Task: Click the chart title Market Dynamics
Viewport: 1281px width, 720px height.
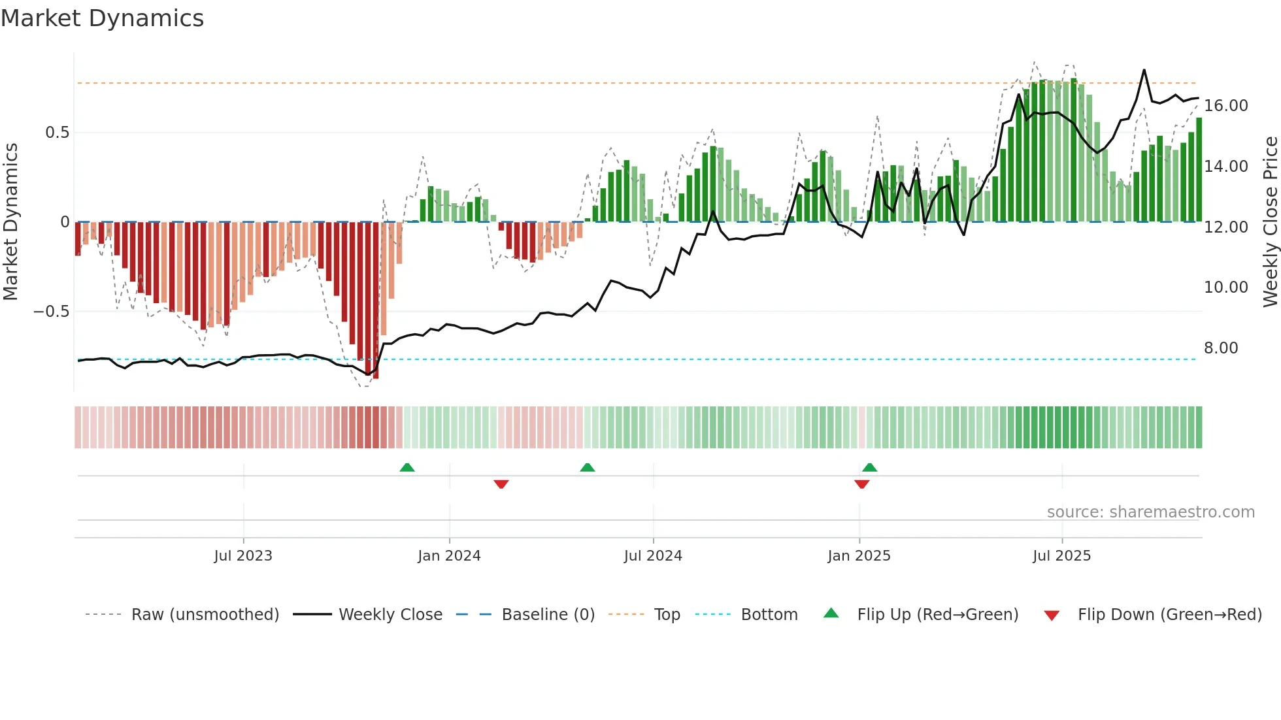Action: click(102, 18)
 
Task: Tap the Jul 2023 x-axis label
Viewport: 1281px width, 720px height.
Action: click(242, 556)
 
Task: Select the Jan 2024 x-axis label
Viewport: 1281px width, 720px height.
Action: click(449, 556)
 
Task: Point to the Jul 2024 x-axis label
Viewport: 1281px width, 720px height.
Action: click(653, 556)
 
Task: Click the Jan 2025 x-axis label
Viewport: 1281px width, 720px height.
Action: click(859, 556)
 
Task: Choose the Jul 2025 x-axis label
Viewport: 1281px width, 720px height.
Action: click(1061, 556)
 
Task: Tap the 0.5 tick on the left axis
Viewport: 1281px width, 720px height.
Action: click(57, 133)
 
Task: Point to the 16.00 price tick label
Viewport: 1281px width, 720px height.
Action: click(1225, 106)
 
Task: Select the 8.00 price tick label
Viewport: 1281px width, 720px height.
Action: click(1220, 348)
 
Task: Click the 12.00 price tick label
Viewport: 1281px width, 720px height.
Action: click(1225, 227)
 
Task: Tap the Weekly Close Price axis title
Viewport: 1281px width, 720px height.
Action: click(1270, 222)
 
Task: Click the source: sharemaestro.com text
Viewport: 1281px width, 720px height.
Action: click(1150, 512)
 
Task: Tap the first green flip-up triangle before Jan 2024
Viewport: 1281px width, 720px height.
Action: click(407, 467)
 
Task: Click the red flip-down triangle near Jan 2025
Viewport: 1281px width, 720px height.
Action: click(861, 484)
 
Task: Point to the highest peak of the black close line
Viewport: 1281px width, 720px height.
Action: click(1144, 70)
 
